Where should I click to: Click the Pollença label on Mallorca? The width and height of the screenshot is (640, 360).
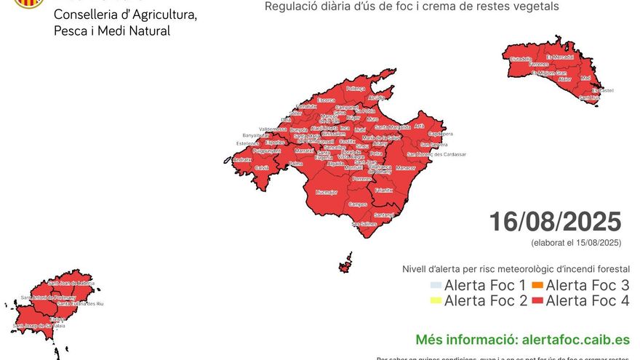tap(356, 88)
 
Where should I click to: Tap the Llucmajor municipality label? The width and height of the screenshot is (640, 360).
tap(327, 193)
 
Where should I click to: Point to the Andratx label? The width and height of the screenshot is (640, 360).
tap(242, 160)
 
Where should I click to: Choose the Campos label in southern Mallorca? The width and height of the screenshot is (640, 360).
tap(358, 204)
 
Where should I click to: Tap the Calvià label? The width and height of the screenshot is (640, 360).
tap(262, 168)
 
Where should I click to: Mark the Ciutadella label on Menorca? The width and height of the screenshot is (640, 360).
tap(521, 59)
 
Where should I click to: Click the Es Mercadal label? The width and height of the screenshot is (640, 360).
tap(559, 56)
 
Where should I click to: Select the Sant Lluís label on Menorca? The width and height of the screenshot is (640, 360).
tap(590, 97)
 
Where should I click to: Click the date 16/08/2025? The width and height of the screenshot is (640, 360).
tap(555, 222)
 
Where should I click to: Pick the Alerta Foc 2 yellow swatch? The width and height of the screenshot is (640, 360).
tap(436, 300)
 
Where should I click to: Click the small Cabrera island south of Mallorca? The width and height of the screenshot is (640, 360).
tap(345, 263)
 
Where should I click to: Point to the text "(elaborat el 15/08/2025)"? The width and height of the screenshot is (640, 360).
tap(576, 243)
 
